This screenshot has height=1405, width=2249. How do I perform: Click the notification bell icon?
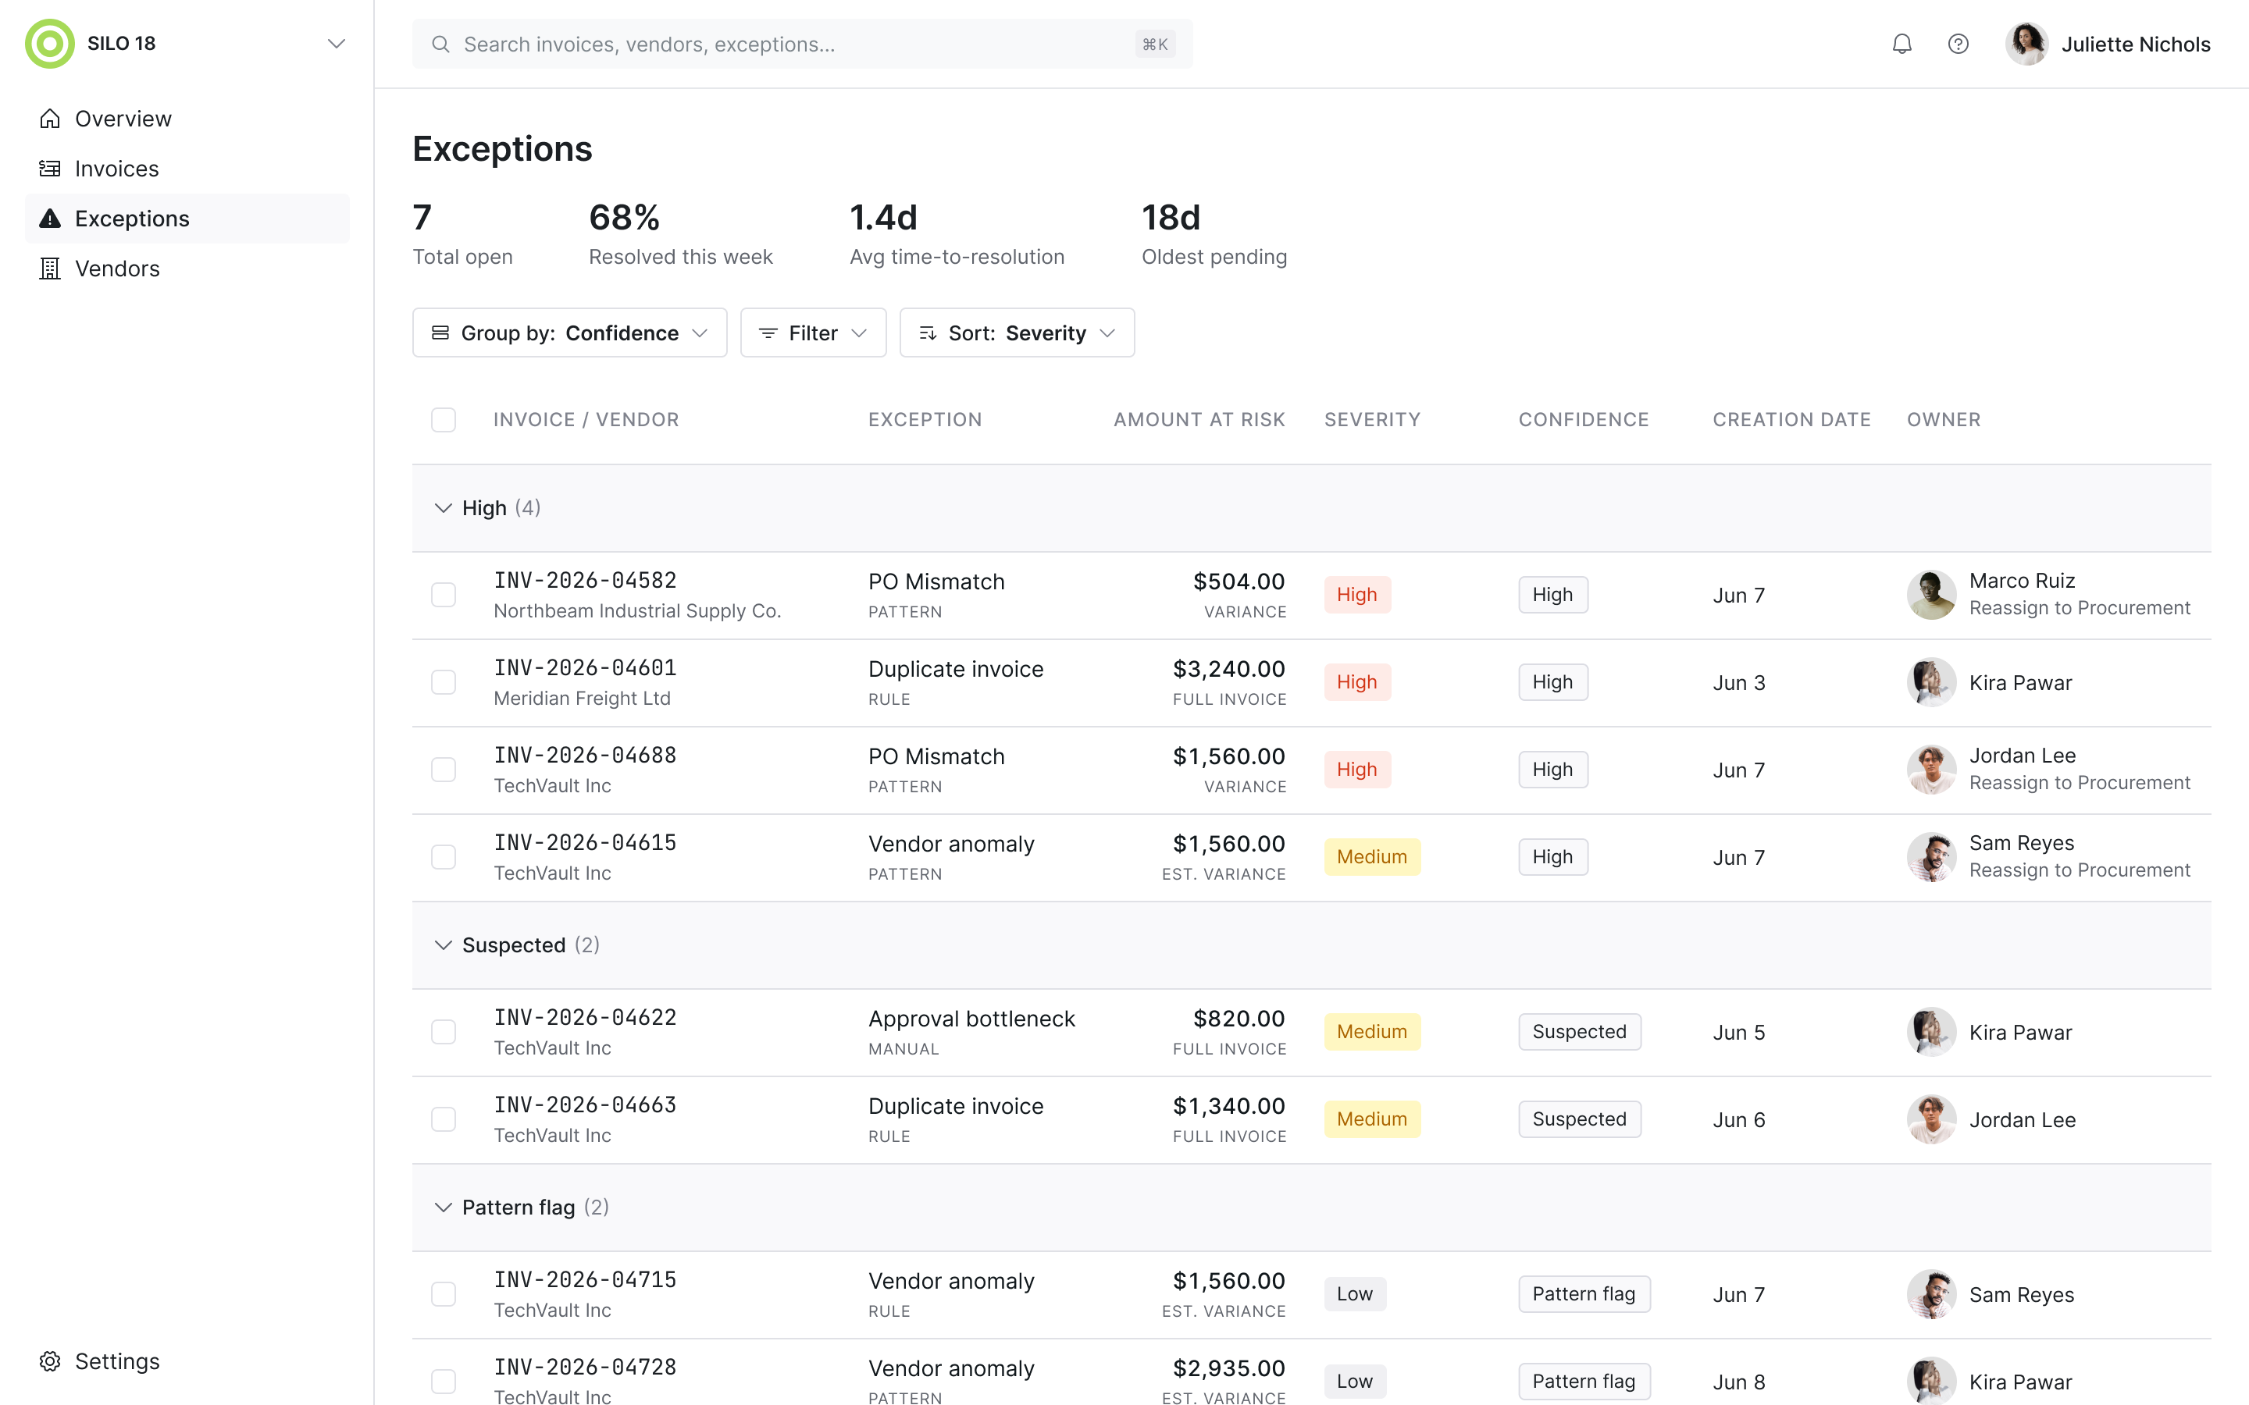[1901, 44]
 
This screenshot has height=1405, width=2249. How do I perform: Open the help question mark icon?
[1959, 44]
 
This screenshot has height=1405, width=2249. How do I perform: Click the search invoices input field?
[802, 44]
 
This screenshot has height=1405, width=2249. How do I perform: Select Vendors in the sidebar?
[117, 269]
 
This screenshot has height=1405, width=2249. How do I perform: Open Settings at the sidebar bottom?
[117, 1361]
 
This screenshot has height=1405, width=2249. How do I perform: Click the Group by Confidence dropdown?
[570, 333]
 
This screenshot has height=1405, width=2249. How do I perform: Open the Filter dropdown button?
[813, 333]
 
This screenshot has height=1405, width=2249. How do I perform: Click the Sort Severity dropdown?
[1017, 333]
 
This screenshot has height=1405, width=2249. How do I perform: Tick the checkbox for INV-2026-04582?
[444, 595]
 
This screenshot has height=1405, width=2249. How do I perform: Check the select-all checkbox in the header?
[444, 420]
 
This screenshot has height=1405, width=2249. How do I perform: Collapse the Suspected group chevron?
[444, 945]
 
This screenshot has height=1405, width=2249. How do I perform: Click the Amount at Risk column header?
[1199, 420]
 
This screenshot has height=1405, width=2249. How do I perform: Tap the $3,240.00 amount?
[1228, 669]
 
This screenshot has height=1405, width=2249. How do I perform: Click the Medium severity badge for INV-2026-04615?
[1372, 857]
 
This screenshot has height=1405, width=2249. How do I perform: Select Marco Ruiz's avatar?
[1931, 595]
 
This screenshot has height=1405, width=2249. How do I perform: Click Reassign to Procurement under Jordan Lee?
[2079, 784]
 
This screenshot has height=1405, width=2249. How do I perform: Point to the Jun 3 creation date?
[1739, 683]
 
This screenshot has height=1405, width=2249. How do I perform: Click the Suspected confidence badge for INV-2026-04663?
[1579, 1119]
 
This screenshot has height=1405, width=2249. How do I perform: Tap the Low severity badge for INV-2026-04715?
[1355, 1293]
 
